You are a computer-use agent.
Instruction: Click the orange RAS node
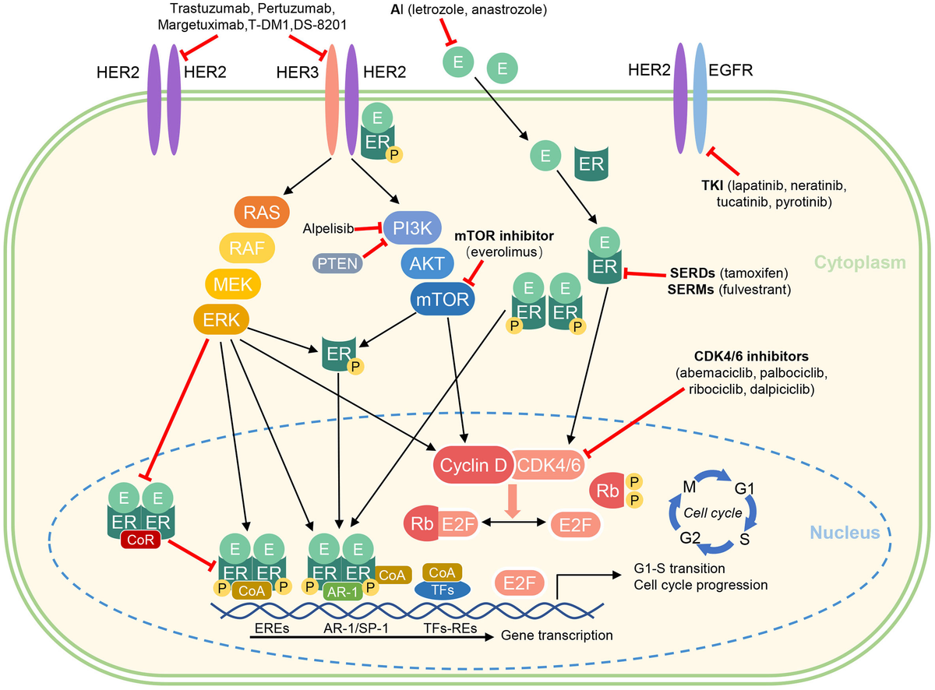[x=261, y=211]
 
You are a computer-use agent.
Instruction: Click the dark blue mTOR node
[x=443, y=300]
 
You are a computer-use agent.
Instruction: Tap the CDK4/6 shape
[x=545, y=465]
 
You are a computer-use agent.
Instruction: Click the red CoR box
[x=141, y=539]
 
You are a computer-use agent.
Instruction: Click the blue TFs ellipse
[x=441, y=590]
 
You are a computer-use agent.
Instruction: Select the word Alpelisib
[x=327, y=228]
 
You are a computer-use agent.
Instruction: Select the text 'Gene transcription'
[x=556, y=635]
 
